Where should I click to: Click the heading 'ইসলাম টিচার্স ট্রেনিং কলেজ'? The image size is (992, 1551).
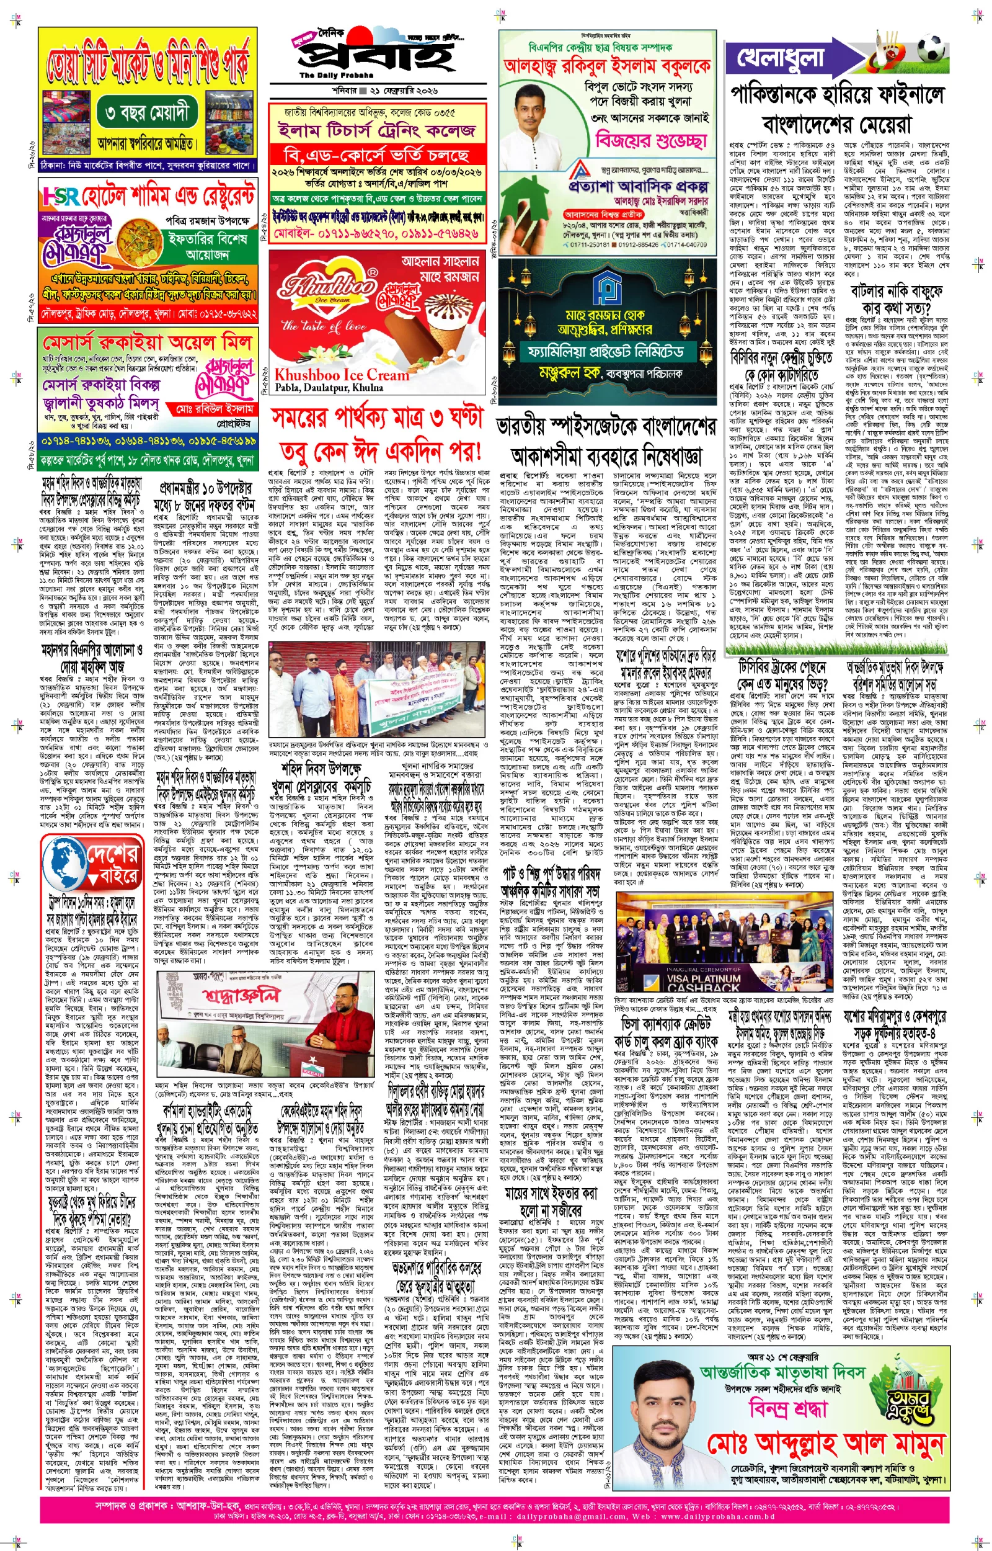point(376,131)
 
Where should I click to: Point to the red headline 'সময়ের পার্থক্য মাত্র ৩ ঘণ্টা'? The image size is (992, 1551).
point(376,418)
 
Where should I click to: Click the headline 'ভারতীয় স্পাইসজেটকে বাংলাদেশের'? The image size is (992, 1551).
point(606,427)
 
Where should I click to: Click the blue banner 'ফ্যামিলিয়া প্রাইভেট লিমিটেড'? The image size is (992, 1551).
point(606,352)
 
